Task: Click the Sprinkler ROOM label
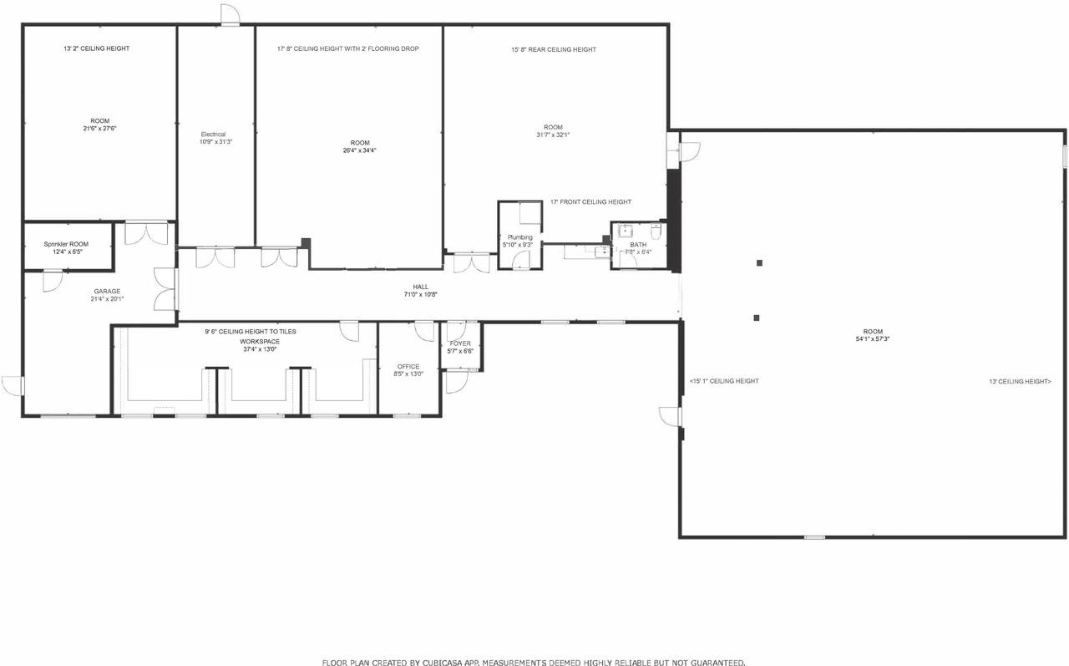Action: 66,244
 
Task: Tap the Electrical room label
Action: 213,135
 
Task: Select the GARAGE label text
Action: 107,292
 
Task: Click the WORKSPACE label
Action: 260,342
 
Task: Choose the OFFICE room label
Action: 408,367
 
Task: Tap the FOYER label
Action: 460,343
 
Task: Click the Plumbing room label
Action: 519,237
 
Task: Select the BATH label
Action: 638,245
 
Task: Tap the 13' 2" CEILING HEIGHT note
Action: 96,48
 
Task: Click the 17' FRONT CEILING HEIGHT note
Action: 590,202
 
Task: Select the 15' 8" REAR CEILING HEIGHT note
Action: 554,49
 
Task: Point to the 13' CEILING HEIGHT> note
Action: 1019,381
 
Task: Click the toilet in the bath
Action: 656,232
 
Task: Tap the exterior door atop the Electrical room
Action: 230,15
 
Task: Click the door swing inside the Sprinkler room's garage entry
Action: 53,280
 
